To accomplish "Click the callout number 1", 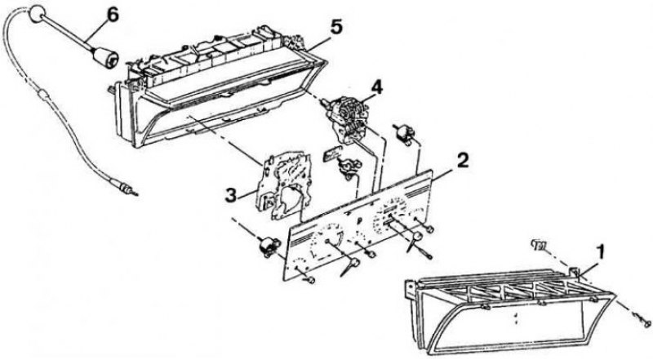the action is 600,252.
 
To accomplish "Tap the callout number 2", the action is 462,161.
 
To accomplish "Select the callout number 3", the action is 232,195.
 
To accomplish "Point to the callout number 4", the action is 376,87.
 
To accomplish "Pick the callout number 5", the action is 336,27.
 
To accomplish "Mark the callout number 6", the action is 113,15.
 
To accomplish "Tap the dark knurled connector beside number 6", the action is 105,58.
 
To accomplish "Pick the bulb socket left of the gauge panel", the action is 268,246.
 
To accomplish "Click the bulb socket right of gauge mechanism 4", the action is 403,132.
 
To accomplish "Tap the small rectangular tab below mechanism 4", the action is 332,153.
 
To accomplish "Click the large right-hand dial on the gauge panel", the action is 391,216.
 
